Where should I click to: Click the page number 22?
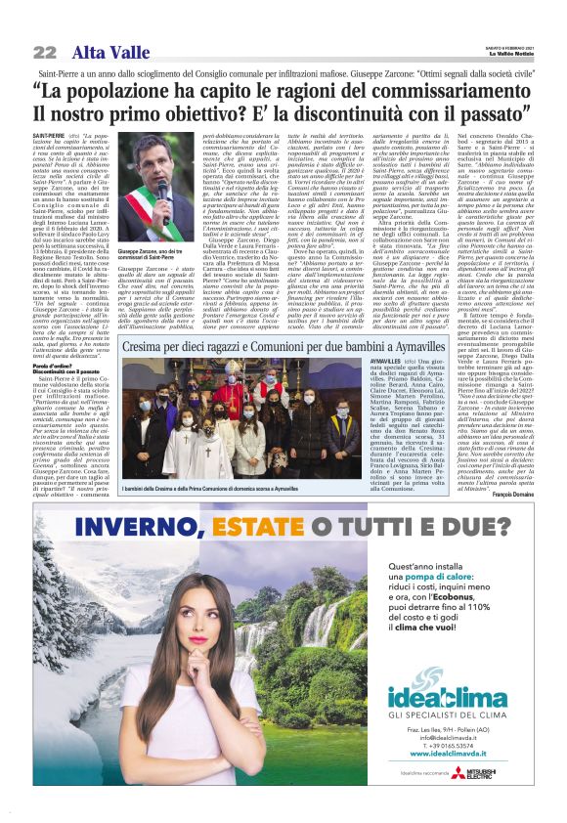pos(44,52)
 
